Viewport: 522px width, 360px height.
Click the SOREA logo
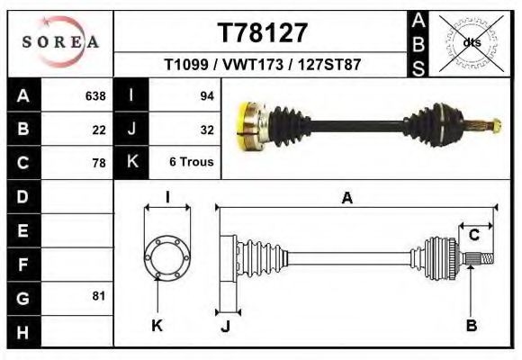[60, 42]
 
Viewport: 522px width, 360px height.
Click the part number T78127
[263, 33]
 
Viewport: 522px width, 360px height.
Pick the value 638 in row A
[94, 96]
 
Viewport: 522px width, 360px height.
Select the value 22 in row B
[99, 130]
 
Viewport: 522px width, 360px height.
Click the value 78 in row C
[99, 163]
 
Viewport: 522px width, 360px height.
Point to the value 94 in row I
[206, 96]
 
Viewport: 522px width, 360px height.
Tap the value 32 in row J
[206, 130]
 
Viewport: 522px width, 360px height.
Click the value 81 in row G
[99, 296]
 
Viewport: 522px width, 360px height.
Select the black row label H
[22, 331]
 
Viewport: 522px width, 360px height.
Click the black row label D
[22, 196]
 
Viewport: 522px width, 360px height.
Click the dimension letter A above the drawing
[346, 200]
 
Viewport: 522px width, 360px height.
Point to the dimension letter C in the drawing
[473, 235]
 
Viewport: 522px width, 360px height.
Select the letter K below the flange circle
[157, 326]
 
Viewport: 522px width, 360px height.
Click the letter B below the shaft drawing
[471, 326]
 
